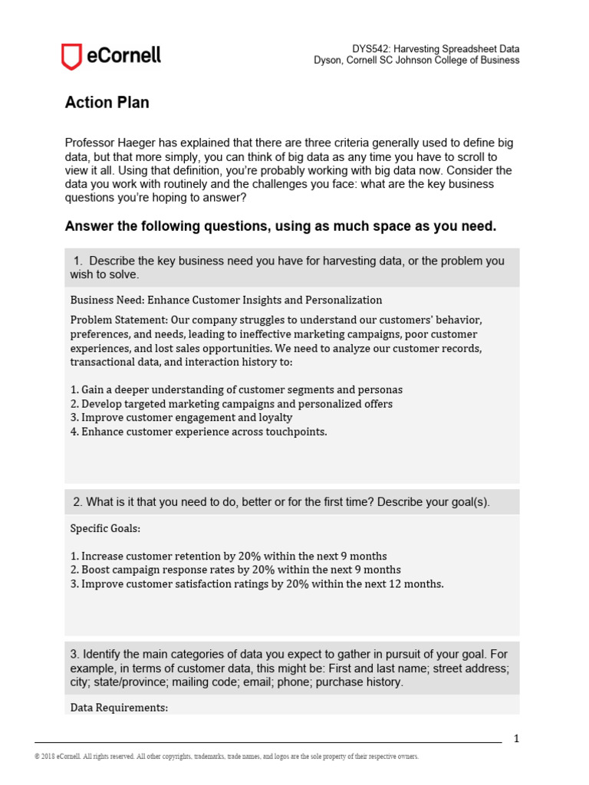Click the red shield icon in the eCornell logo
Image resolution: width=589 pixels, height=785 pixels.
click(x=71, y=57)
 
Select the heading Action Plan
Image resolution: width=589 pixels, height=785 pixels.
click(x=107, y=103)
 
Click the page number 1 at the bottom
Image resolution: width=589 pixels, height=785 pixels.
click(x=516, y=739)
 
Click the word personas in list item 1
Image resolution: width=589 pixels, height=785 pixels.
click(x=380, y=389)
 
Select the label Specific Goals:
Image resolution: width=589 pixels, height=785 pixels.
click(x=106, y=528)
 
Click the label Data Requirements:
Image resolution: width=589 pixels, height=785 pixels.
click(x=119, y=708)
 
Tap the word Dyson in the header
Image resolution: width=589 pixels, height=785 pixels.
click(x=329, y=61)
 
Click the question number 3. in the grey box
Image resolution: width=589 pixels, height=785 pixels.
click(x=75, y=654)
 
